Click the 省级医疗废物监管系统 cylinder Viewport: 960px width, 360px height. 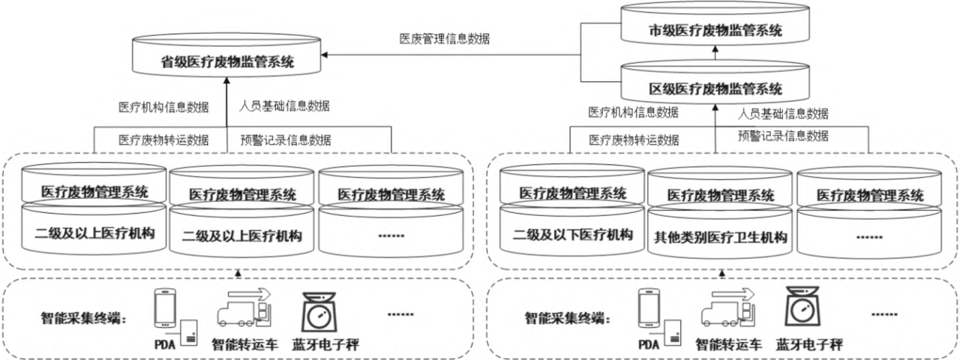tap(226, 62)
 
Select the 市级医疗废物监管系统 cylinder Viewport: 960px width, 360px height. tap(715, 31)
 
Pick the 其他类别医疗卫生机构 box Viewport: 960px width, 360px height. tap(721, 238)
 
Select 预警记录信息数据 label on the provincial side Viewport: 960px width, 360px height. tap(286, 139)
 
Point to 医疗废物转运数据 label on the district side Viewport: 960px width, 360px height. tap(634, 139)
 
